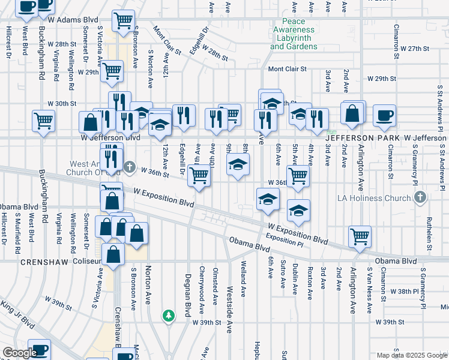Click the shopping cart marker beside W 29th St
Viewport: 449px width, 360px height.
click(x=112, y=70)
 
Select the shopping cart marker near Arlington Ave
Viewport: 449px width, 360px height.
click(x=360, y=236)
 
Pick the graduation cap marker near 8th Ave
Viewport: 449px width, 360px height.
click(x=238, y=165)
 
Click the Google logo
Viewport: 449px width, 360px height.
click(x=20, y=353)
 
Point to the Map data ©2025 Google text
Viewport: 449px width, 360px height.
click(x=411, y=355)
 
